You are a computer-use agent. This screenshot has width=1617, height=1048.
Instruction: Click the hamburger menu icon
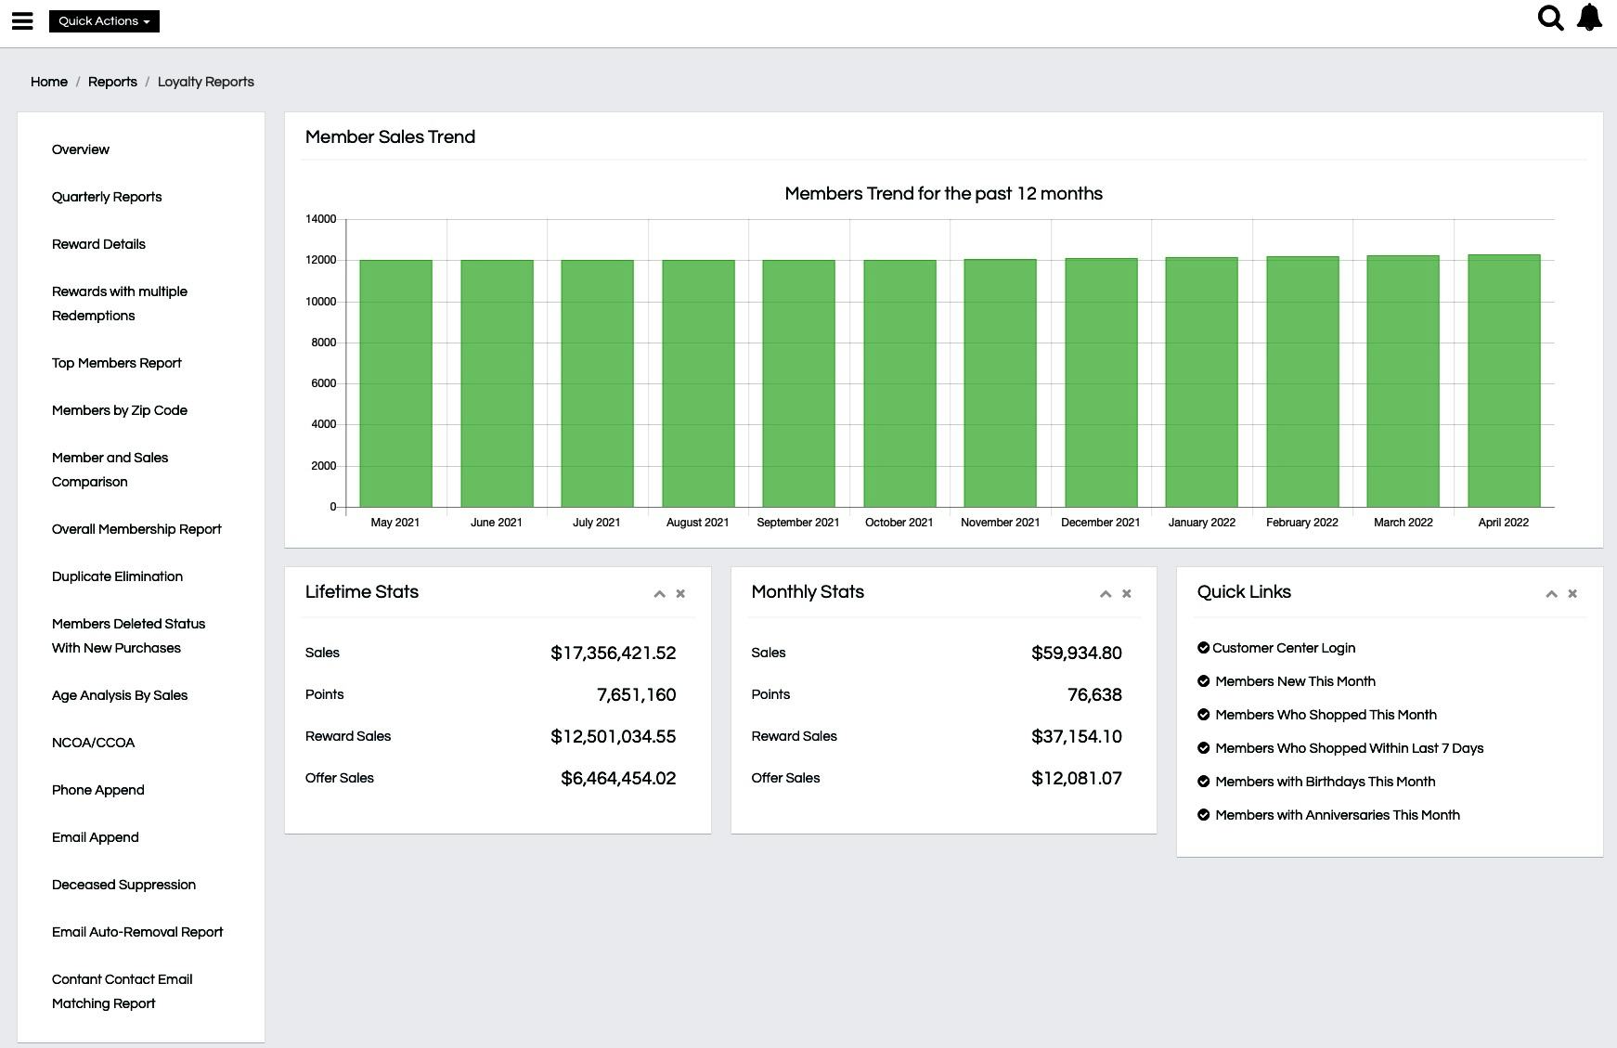pos(22,20)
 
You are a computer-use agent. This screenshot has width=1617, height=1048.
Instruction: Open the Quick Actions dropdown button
pos(104,21)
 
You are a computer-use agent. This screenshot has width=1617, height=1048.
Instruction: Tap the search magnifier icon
pos(1550,19)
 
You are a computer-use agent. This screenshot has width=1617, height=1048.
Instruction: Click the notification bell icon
pos(1589,18)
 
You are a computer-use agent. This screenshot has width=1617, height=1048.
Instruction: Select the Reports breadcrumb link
pos(112,82)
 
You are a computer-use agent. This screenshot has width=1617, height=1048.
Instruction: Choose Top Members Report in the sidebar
pos(117,363)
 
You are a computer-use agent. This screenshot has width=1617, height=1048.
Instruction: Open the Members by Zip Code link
pos(120,410)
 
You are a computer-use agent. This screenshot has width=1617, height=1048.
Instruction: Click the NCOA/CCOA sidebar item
pos(94,743)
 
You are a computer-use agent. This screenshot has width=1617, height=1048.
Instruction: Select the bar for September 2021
pos(798,382)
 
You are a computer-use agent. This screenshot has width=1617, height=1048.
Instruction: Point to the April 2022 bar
pos(1504,381)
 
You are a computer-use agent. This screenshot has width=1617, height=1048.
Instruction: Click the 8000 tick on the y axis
pos(323,343)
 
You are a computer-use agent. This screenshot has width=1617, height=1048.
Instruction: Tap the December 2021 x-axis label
pos(1100,523)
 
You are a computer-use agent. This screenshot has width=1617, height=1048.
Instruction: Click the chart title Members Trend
pos(943,194)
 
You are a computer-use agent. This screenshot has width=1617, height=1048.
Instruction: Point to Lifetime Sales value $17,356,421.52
pos(613,653)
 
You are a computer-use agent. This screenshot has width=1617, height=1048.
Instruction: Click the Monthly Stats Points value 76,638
pos(1094,695)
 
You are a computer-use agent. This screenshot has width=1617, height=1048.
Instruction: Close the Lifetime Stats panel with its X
pos(680,594)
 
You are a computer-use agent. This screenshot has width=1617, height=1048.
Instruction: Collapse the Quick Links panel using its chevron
pos(1551,594)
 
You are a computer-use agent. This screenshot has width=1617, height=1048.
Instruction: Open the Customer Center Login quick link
pos(1283,648)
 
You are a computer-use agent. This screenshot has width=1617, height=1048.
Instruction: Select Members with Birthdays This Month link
pos(1325,782)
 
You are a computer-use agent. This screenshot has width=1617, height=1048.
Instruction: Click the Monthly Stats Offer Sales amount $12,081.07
pos(1076,779)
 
